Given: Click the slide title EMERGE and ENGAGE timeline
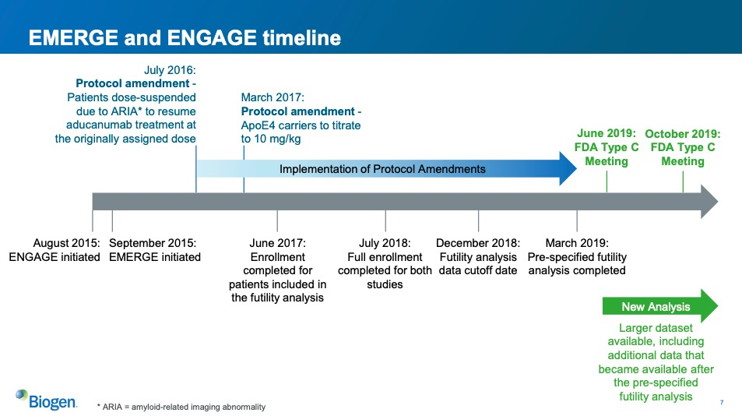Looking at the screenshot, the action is tap(185, 38).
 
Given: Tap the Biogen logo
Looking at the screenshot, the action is tap(46, 400).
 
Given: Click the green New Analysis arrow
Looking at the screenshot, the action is tap(660, 306).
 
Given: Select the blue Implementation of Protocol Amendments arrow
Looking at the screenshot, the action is tap(387, 168).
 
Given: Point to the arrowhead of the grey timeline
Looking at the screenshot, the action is tap(709, 202).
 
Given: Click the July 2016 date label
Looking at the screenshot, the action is tap(170, 70).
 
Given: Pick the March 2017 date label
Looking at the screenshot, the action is tap(273, 97).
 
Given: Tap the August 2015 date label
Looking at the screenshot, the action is tap(66, 243).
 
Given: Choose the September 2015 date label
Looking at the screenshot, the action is tap(153, 243).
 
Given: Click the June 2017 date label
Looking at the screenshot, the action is tap(277, 243).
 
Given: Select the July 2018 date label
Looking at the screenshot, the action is tap(385, 243).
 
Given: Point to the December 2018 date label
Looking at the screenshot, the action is tap(478, 243).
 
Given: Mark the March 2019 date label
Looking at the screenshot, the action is tap(577, 243).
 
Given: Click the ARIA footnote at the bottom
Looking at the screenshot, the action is tap(181, 407).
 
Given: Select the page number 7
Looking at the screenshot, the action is tap(722, 402).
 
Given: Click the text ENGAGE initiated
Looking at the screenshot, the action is tap(55, 257).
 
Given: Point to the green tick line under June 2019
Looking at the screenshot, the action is tap(607, 182).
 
